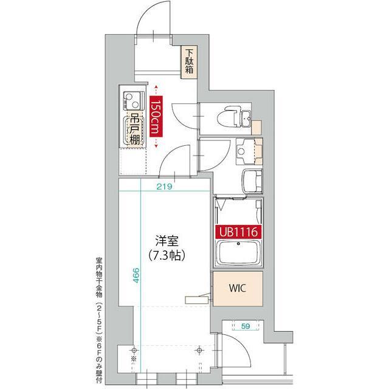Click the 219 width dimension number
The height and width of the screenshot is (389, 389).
[x=162, y=187]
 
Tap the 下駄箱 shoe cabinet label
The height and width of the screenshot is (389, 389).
[x=189, y=61]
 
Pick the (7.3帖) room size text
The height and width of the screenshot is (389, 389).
[x=162, y=255]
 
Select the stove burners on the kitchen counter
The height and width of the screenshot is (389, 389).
[x=132, y=97]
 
